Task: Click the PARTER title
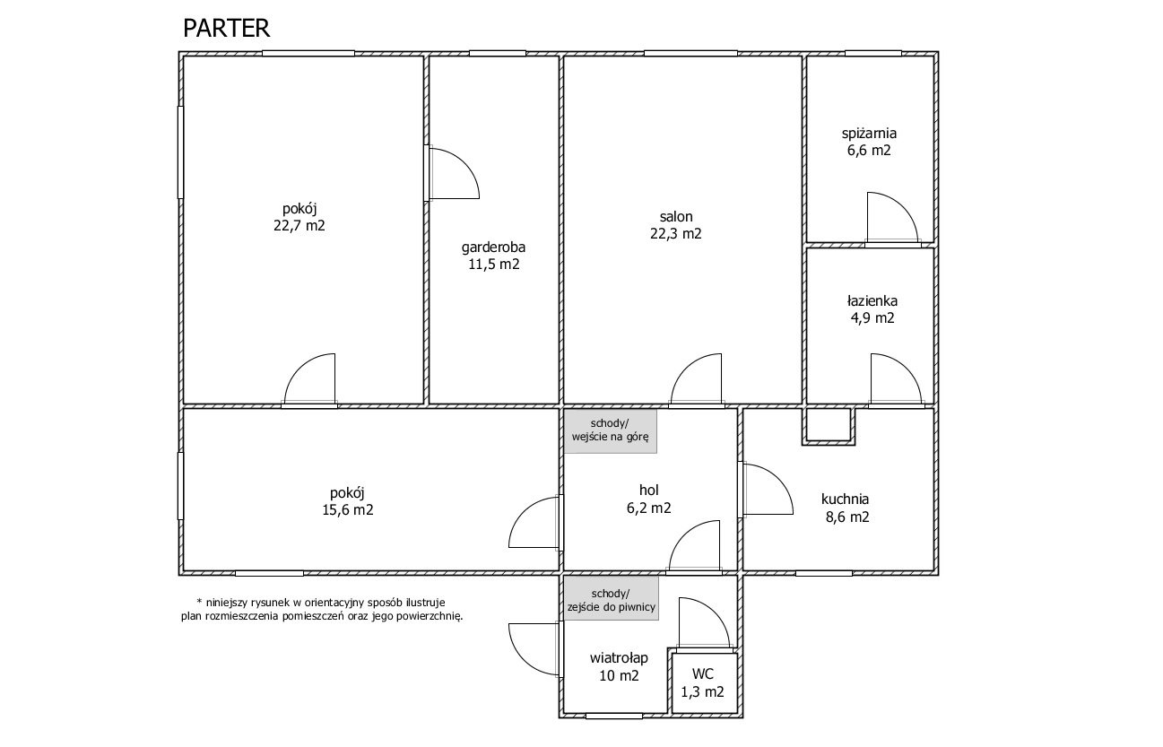[226, 29]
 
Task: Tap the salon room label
[676, 225]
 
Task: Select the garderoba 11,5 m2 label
[494, 256]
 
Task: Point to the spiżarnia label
[869, 142]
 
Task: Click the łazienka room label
[872, 308]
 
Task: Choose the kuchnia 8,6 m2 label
[846, 508]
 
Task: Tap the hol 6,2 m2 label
[649, 499]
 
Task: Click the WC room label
[702, 682]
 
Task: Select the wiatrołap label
[619, 666]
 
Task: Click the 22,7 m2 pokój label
[299, 217]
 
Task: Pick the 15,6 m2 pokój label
[347, 501]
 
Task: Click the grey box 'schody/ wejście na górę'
[610, 430]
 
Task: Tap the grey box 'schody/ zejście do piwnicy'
[612, 597]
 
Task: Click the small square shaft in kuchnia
[829, 427]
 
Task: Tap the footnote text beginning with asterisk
[322, 610]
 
